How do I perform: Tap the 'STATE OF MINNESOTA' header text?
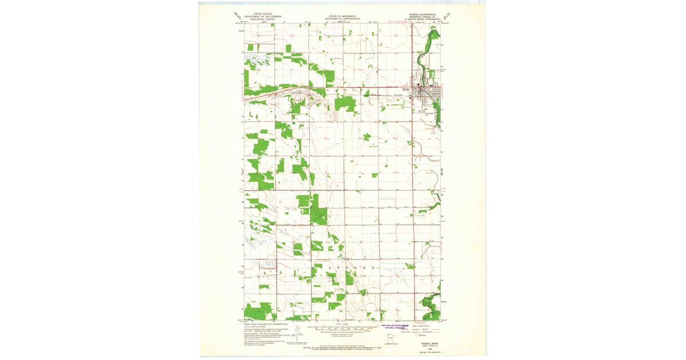pyautogui.click(x=342, y=16)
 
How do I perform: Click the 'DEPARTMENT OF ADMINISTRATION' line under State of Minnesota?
pyautogui.click(x=342, y=19)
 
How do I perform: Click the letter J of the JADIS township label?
pyautogui.click(x=328, y=91)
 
